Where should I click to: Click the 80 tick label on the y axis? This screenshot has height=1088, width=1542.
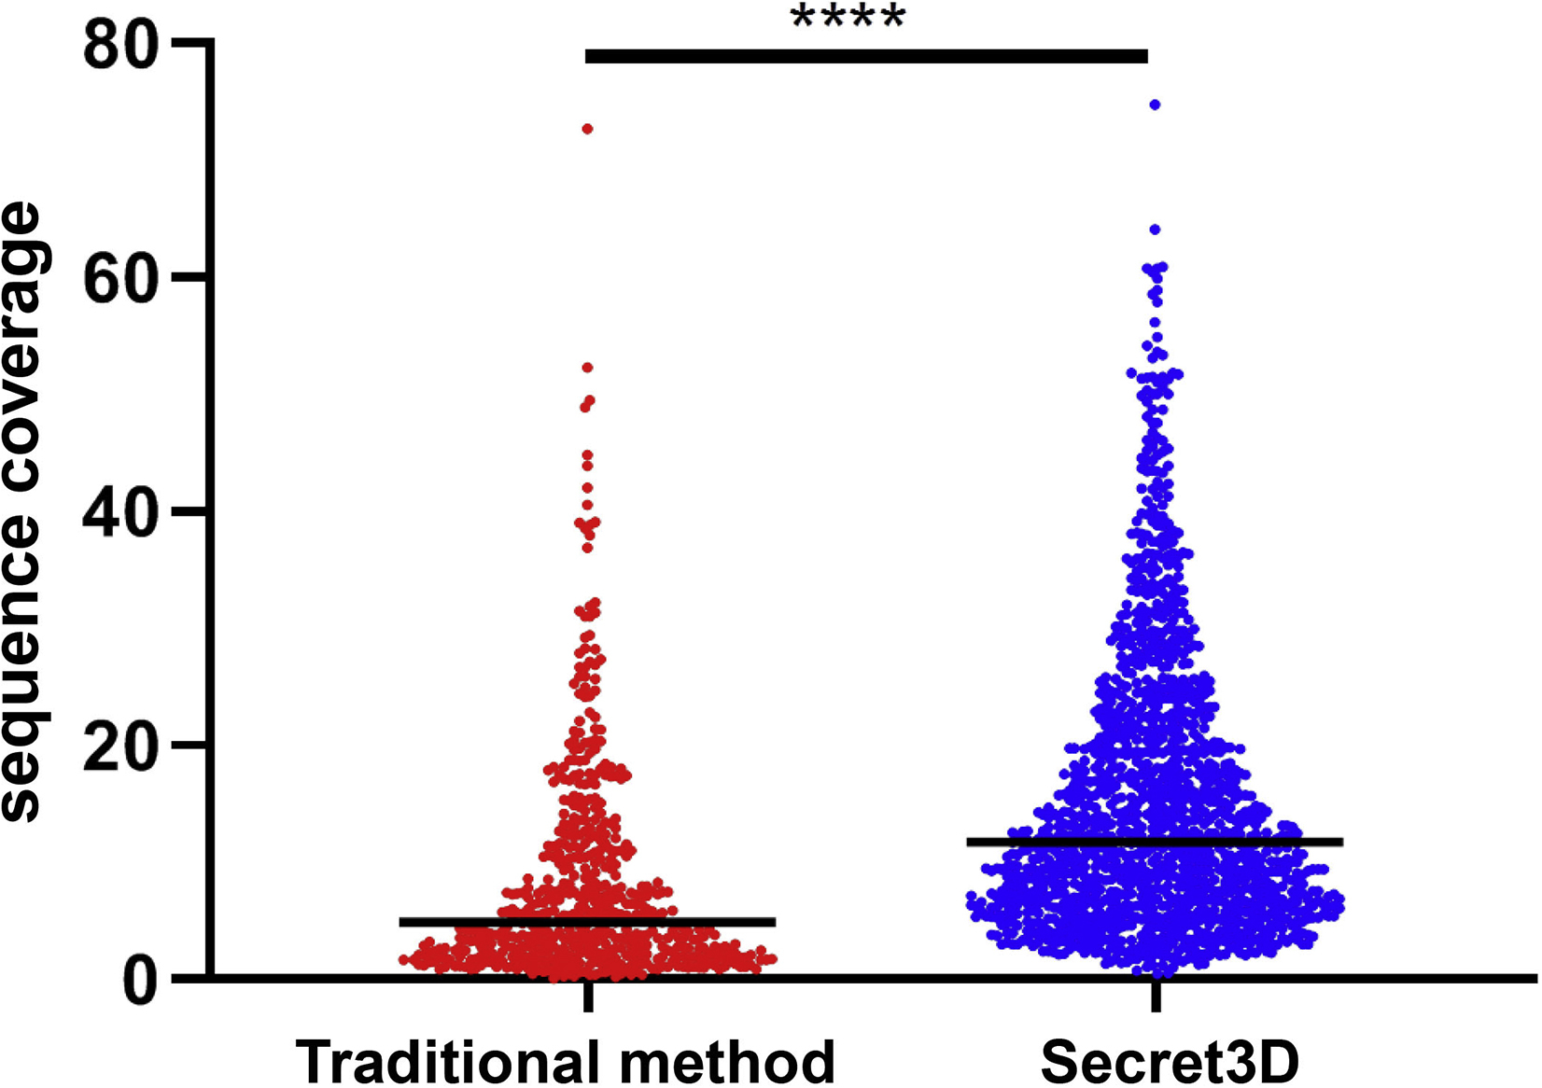pyautogui.click(x=119, y=46)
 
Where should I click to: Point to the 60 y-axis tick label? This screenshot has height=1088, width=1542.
pyautogui.click(x=119, y=278)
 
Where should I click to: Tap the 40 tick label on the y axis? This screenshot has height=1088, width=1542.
pyautogui.click(x=119, y=511)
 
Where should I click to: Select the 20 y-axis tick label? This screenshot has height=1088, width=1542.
pyautogui.click(x=119, y=745)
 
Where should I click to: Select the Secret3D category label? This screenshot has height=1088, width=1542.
pyautogui.click(x=1170, y=1061)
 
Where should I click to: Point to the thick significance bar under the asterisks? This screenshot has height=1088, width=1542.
pyautogui.click(x=866, y=57)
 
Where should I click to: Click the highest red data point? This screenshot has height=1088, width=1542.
pyautogui.click(x=588, y=129)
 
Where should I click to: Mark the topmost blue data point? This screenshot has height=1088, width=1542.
pyautogui.click(x=1156, y=105)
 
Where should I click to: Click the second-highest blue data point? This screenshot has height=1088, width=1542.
pyautogui.click(x=1155, y=230)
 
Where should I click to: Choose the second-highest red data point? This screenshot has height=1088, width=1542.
pyautogui.click(x=588, y=368)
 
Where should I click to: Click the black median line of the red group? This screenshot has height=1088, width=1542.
pyautogui.click(x=588, y=922)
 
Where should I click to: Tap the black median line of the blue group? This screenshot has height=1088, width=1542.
pyautogui.click(x=1155, y=842)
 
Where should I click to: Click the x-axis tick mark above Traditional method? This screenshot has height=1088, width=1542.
pyautogui.click(x=588, y=997)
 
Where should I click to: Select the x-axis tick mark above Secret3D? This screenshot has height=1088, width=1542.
pyautogui.click(x=1156, y=997)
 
